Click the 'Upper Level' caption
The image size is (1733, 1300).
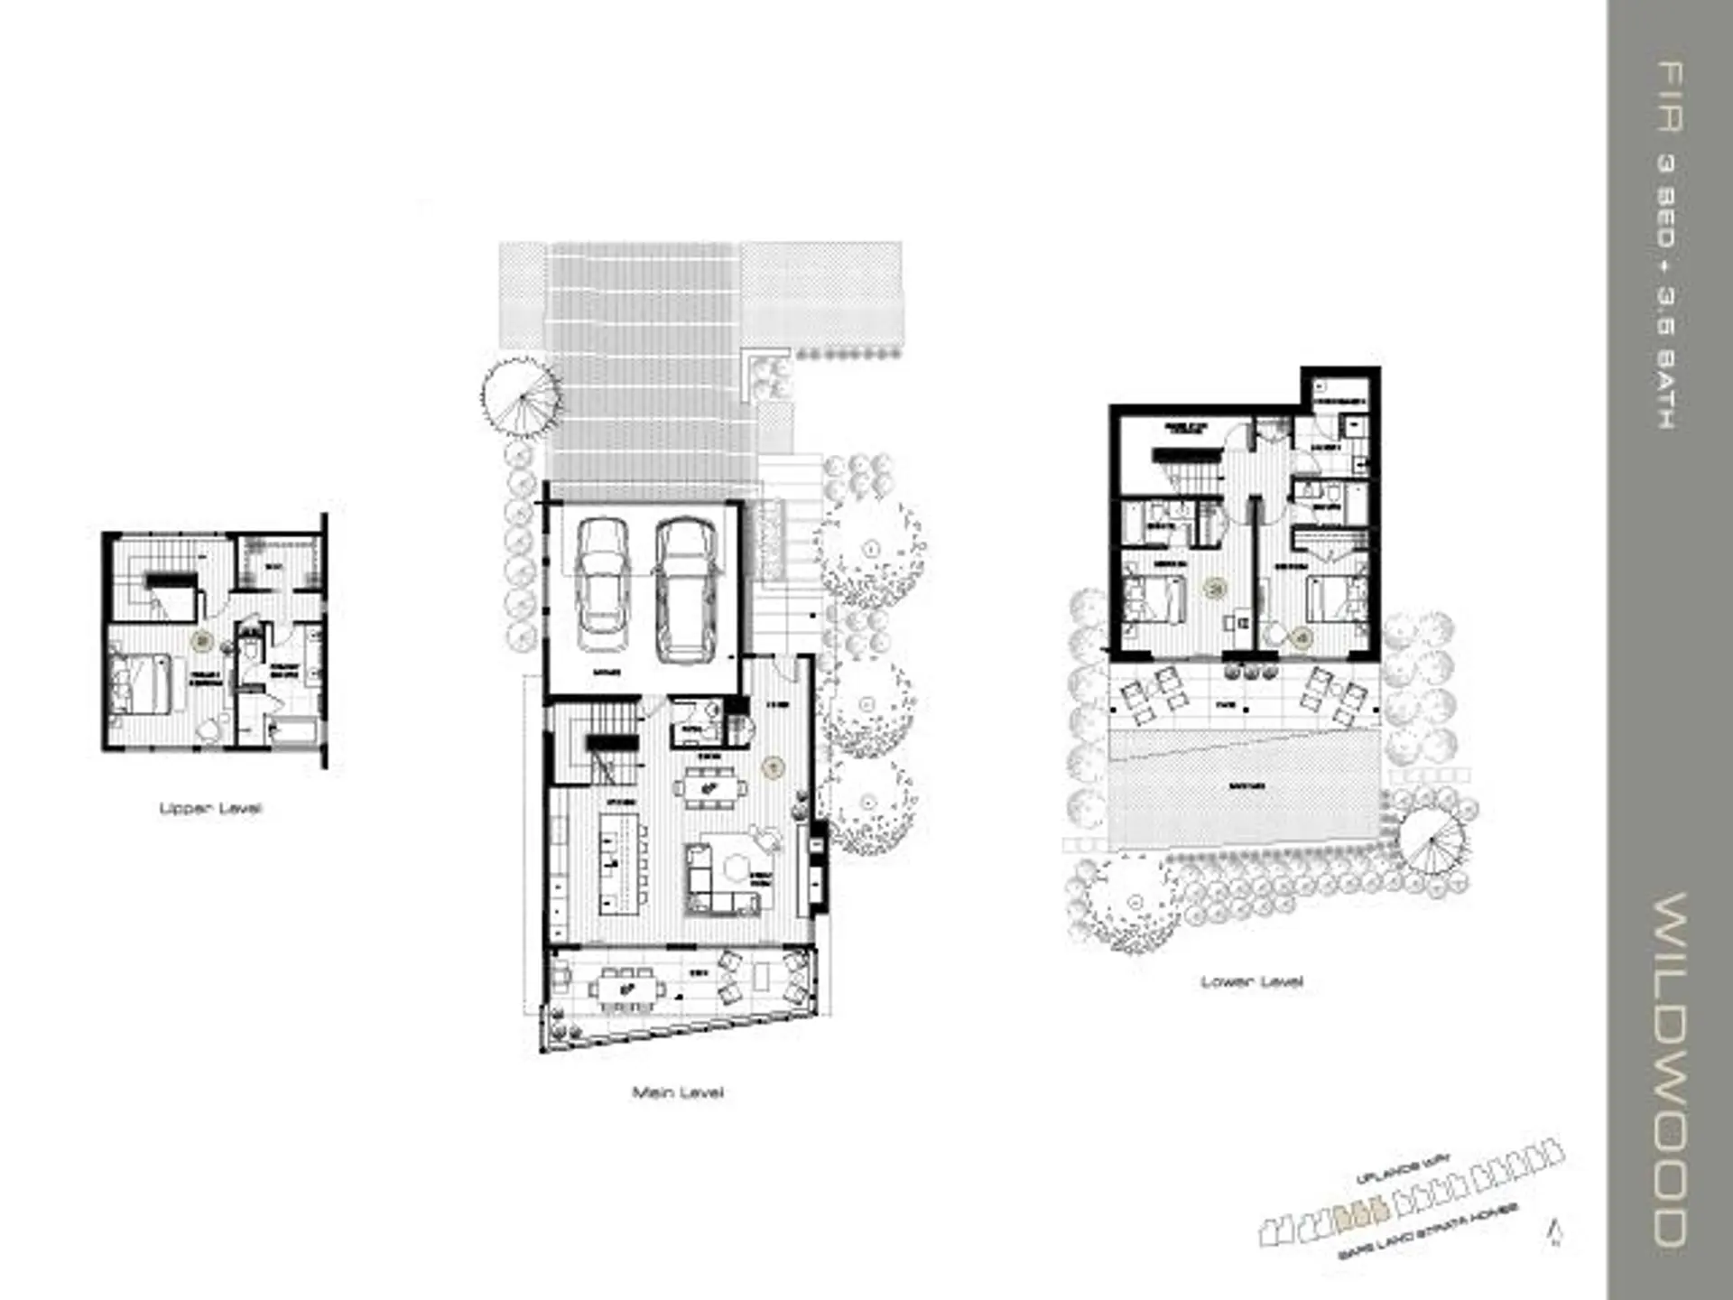click(210, 808)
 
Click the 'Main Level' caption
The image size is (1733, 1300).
click(677, 1092)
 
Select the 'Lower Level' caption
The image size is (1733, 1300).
click(1251, 981)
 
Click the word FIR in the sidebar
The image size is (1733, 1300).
click(1670, 97)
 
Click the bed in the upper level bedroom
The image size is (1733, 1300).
click(139, 683)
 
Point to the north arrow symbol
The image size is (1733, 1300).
click(1554, 1232)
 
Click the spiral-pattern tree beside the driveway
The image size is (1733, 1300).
click(519, 396)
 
